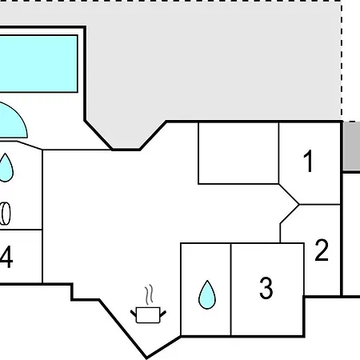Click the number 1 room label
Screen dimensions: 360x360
(x=308, y=161)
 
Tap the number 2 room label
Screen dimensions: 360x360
(x=322, y=250)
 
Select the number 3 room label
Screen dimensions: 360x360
(x=266, y=288)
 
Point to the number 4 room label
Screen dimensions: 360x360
(x=6, y=257)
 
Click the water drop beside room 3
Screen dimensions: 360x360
(x=207, y=294)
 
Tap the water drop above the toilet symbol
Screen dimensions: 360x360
(x=6, y=167)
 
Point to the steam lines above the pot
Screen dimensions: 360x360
(x=150, y=294)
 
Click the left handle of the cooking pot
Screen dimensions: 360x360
(x=133, y=314)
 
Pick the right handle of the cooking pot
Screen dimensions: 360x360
(x=163, y=314)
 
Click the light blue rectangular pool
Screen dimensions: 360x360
(x=38, y=64)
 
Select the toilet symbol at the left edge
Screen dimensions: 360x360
(x=6, y=214)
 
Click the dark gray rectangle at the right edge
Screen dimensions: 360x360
(x=351, y=146)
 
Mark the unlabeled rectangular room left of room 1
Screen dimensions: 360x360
(x=238, y=153)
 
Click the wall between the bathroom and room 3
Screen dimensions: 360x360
(x=230, y=290)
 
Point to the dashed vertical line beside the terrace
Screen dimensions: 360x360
(x=342, y=61)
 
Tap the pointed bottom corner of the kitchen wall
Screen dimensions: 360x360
(x=146, y=358)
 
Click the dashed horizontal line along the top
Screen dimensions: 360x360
(x=170, y=1)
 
